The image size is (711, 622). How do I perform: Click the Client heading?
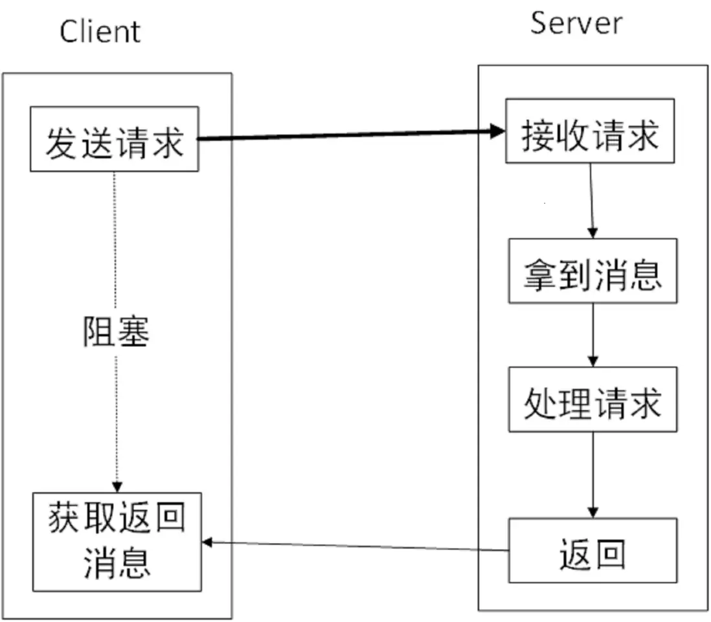click(100, 31)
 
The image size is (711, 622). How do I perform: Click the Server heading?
click(576, 23)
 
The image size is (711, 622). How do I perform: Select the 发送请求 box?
click(115, 139)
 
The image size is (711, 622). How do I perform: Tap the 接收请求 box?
click(590, 131)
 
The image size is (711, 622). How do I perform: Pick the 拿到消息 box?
click(592, 271)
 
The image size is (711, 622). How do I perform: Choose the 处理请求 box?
click(592, 399)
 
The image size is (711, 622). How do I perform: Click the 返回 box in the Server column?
click(592, 550)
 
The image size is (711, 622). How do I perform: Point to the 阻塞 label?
click(116, 331)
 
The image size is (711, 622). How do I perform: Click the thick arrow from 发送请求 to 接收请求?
click(350, 135)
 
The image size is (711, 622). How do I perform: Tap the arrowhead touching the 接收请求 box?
click(498, 132)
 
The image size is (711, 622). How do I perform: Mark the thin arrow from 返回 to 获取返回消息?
click(356, 546)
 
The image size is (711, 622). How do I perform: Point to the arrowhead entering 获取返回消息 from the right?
click(208, 542)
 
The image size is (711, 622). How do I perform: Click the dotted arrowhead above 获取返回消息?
click(116, 487)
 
